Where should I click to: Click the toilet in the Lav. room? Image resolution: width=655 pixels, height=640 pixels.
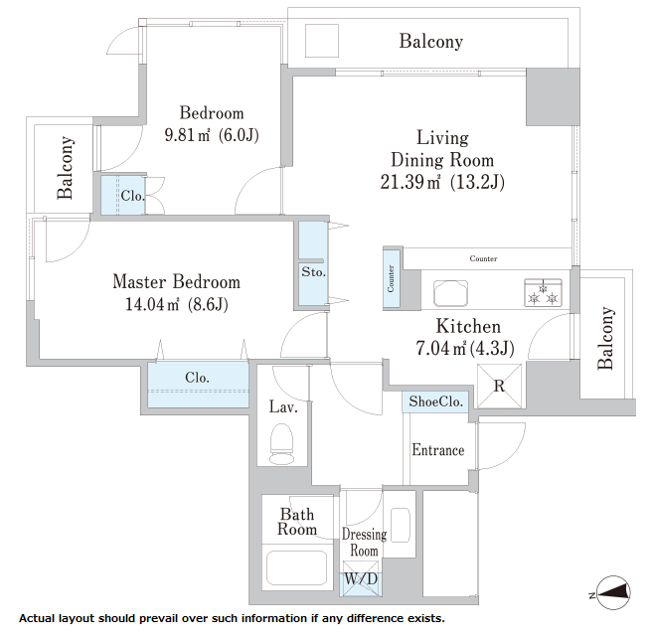(282, 443)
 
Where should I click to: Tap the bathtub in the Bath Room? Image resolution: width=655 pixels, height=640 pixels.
(297, 568)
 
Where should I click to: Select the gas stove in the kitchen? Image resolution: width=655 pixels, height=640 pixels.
(543, 293)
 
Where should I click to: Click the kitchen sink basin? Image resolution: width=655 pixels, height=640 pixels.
(450, 293)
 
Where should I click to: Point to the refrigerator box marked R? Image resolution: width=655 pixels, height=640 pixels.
(500, 386)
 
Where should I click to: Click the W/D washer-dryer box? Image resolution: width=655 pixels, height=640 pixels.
(362, 578)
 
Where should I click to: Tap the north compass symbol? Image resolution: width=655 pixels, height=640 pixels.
(613, 592)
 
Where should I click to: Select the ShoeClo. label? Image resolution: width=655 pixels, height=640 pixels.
(435, 401)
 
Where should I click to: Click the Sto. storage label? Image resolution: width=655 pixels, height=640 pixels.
(313, 272)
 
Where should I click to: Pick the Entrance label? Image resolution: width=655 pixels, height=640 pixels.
(438, 450)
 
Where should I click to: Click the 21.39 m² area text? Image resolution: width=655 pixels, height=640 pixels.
(409, 182)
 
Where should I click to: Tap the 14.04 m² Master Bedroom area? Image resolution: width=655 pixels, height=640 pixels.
(152, 304)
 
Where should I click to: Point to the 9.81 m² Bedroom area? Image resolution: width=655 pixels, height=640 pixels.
(187, 135)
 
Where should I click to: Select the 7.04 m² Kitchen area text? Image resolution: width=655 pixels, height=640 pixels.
(440, 348)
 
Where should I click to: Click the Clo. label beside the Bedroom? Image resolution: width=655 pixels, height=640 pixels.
(132, 196)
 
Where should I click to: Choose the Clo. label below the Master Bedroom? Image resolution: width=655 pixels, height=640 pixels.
(197, 378)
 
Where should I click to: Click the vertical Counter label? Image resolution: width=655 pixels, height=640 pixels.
(391, 278)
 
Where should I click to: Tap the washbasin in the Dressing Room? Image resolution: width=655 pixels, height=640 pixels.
(401, 525)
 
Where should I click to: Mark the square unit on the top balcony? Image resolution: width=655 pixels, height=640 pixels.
(322, 41)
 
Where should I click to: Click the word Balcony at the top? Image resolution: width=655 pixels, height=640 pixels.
(431, 42)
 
